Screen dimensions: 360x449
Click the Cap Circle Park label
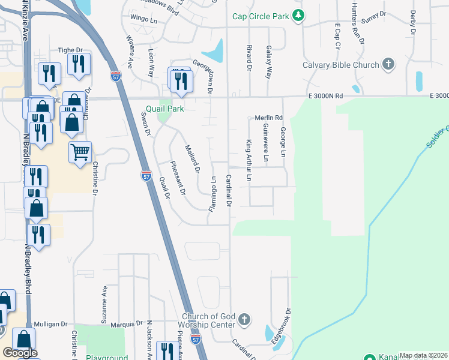[261, 16]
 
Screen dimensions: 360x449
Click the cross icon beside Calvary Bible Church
[388, 64]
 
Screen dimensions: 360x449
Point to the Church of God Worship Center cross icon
[244, 320]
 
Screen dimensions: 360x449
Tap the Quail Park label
[163, 109]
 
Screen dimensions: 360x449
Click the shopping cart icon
[80, 152]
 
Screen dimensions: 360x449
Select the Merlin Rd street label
[268, 118]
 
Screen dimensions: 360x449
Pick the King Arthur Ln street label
[248, 161]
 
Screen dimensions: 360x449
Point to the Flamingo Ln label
[212, 194]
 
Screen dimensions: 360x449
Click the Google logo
[20, 353]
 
